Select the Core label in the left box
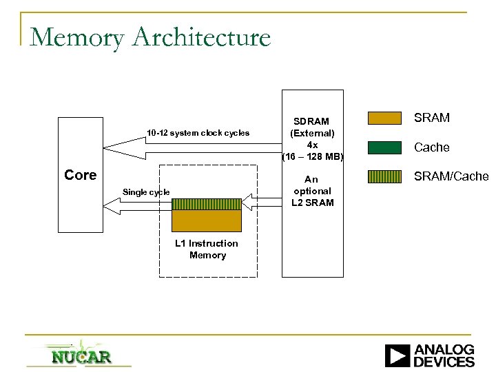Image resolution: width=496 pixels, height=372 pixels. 80,175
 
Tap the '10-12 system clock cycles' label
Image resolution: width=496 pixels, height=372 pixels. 198,132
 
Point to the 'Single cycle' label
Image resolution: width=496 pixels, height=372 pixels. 145,192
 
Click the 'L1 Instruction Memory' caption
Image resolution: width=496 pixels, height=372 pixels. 207,249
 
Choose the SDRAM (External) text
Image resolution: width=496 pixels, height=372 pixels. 312,127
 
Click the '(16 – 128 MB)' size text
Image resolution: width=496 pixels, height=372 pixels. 312,156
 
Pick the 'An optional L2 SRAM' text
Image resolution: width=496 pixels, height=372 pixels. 312,191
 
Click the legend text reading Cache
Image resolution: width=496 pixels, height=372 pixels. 433,147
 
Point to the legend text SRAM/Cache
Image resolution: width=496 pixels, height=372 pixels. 451,176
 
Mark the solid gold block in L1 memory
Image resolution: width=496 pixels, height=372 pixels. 207,220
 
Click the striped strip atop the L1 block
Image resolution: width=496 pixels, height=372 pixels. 207,204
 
